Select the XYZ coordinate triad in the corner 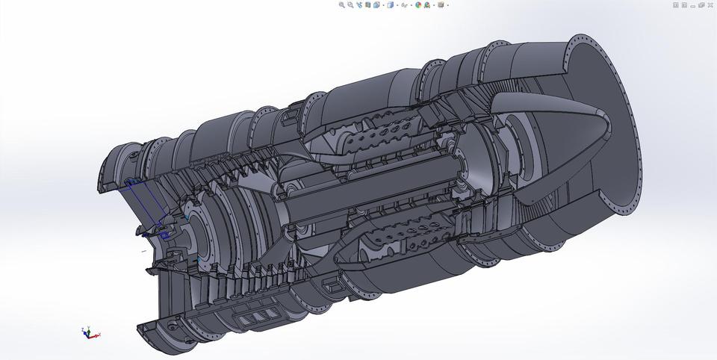pos(89,332)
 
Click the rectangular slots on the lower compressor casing pos(255,317)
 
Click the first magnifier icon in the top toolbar pos(342,4)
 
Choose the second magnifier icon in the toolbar pos(350,4)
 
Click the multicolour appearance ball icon pos(418,4)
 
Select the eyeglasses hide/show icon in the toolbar pos(404,4)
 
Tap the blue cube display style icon pos(390,4)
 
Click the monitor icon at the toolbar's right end pos(441,4)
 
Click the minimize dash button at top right pos(693,4)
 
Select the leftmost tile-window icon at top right pos(676,4)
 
